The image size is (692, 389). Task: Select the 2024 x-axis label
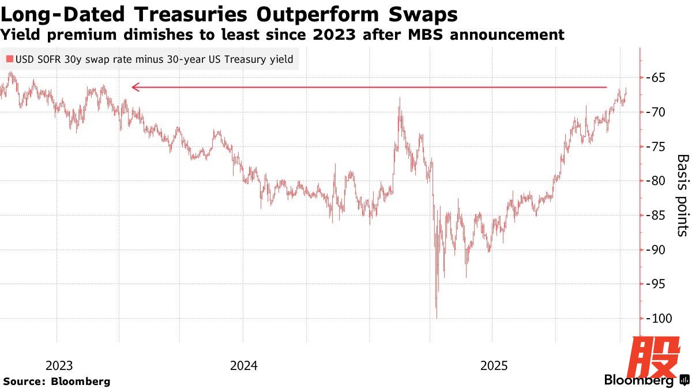tap(244, 365)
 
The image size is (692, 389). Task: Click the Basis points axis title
tap(682, 195)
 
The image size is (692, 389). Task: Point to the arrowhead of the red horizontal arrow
tap(134, 88)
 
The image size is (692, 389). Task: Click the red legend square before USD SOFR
tap(9, 59)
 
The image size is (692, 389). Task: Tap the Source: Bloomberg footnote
tap(57, 381)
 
